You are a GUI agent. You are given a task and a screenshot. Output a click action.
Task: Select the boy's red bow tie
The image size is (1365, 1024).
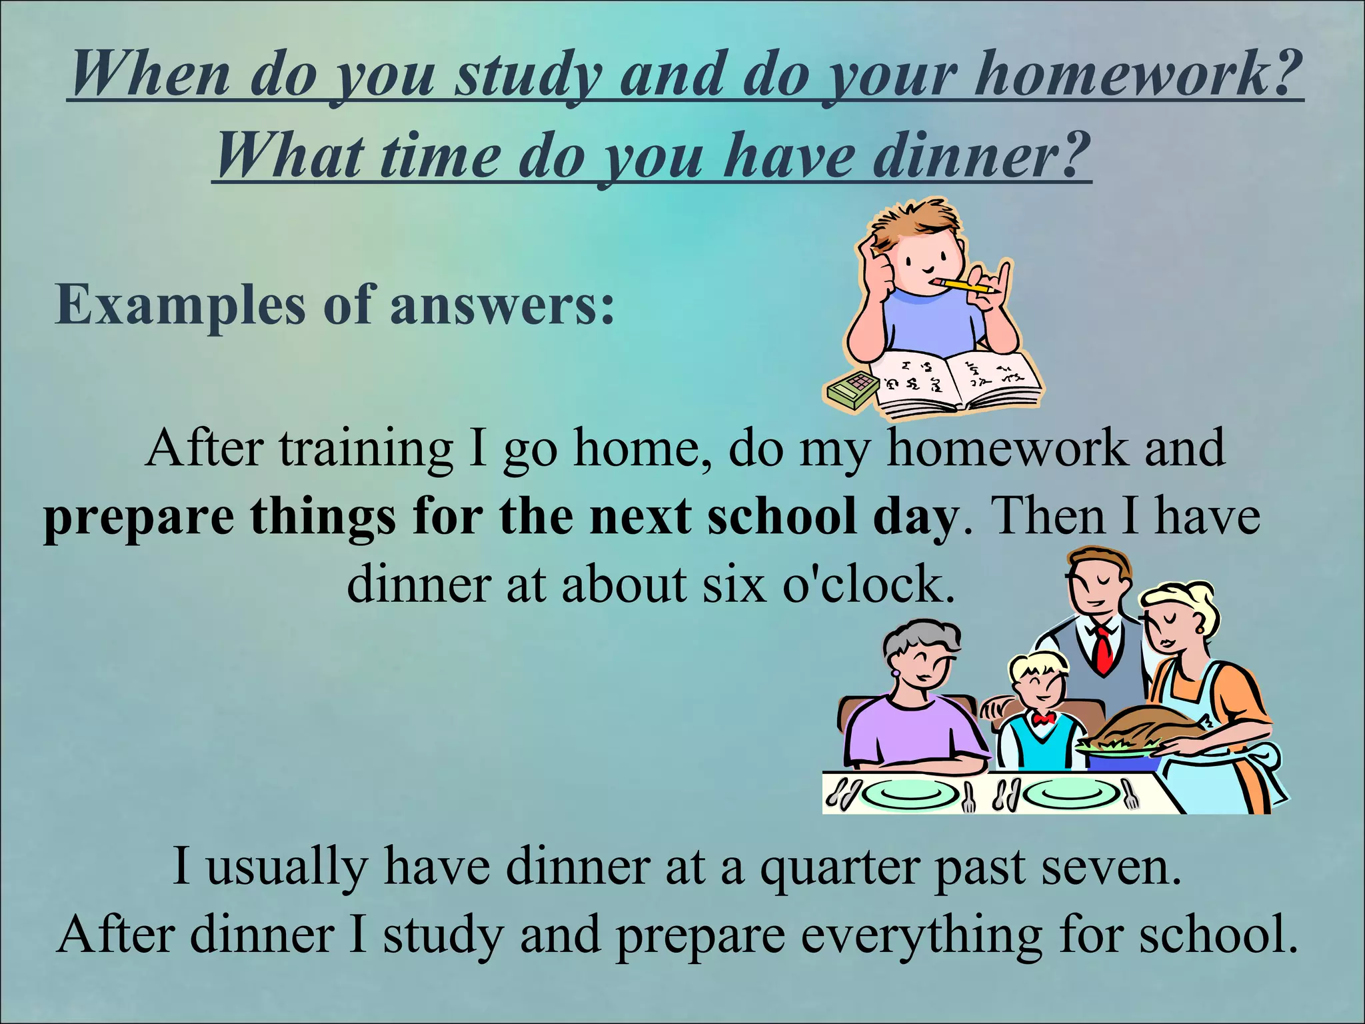pyautogui.click(x=1042, y=718)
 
